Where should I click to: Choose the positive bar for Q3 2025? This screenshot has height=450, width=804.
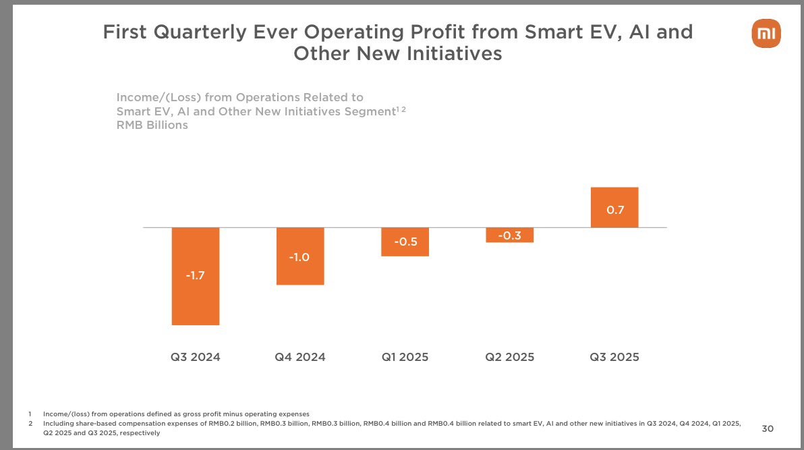click(x=614, y=198)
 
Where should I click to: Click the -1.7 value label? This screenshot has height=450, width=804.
click(x=196, y=275)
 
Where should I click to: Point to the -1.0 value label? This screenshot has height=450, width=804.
click(x=300, y=257)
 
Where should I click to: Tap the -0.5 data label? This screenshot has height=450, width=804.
click(x=405, y=242)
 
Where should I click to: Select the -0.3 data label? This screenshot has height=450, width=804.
click(x=509, y=235)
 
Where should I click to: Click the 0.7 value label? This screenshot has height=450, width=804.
click(x=614, y=210)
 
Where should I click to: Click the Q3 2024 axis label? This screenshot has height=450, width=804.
click(x=196, y=357)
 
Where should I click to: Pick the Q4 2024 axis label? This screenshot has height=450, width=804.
click(x=300, y=357)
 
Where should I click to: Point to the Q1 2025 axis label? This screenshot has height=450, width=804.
click(x=405, y=357)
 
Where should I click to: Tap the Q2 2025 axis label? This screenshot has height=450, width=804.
click(x=509, y=357)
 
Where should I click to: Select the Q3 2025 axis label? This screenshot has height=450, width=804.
click(x=614, y=357)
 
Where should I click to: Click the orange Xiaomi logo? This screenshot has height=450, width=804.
click(x=766, y=34)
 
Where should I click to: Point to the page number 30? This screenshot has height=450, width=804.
click(x=768, y=428)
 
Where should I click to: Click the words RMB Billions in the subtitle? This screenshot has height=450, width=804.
click(x=152, y=125)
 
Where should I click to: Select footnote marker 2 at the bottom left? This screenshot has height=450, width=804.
click(x=30, y=424)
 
